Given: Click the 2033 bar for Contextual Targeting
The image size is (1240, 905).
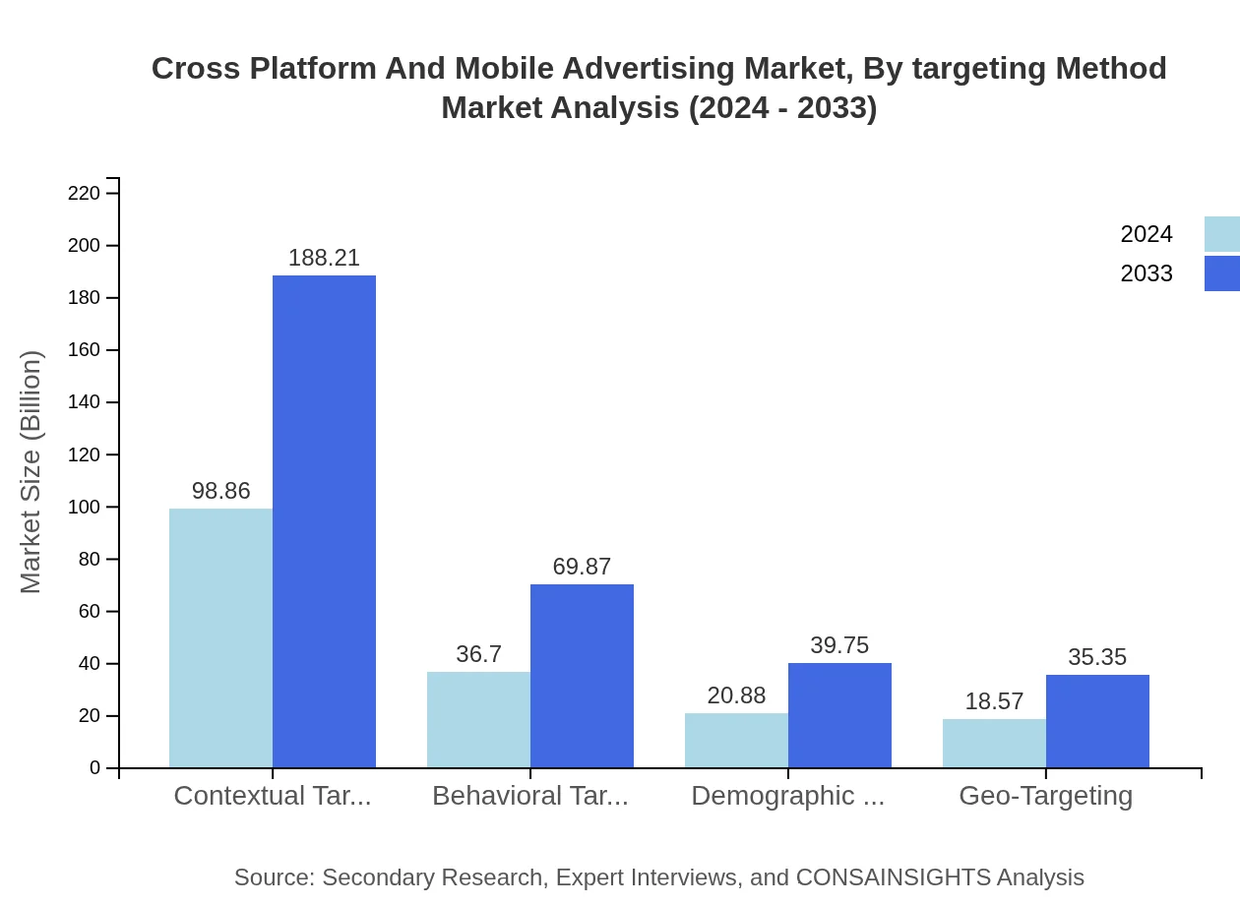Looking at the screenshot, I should point(324,521).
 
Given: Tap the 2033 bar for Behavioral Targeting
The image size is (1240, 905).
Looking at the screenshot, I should point(582,676).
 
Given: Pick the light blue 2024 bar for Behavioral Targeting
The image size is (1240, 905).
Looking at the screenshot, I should point(478,719).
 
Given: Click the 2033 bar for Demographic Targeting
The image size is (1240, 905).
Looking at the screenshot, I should point(839,715).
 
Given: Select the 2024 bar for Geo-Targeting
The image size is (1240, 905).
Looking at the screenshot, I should point(994,743).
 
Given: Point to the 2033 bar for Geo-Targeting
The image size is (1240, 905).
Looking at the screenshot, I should point(1097,721).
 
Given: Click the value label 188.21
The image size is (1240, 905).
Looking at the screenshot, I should point(324,258).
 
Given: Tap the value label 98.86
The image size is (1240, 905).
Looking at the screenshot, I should point(220,491).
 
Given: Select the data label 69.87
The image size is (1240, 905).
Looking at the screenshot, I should point(582,567).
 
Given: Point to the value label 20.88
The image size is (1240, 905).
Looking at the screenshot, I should point(736,695).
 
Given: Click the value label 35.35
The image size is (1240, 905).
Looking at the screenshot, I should point(1097,657).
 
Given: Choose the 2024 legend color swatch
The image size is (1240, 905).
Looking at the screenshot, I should point(1221,234).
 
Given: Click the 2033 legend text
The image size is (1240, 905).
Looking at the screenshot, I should point(1147,273).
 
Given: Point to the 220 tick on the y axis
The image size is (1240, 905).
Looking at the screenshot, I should point(85,193).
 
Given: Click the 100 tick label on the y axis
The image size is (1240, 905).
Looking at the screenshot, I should point(85,507).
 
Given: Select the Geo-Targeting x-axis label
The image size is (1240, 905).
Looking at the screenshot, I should point(1045,795).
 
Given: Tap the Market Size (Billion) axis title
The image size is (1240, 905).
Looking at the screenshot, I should point(31,472).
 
